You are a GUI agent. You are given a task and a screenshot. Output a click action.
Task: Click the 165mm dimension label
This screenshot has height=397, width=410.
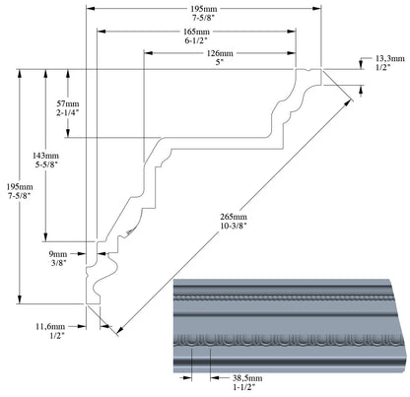[196, 32]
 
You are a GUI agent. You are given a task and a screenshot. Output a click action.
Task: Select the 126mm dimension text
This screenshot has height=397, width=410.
[220, 53]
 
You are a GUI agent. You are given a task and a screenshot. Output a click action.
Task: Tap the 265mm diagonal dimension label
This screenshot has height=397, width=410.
[234, 217]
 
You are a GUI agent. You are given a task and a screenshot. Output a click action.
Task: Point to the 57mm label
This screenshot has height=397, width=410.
[68, 103]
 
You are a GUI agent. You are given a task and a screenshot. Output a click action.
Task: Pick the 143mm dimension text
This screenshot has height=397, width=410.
[45, 156]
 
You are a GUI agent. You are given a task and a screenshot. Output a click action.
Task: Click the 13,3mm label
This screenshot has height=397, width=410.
[390, 59]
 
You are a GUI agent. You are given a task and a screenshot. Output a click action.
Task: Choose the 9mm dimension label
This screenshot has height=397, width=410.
[58, 254]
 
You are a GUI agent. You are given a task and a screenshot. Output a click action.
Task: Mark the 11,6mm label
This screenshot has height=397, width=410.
[50, 327]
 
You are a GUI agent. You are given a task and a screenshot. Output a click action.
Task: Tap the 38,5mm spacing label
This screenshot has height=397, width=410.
[247, 378]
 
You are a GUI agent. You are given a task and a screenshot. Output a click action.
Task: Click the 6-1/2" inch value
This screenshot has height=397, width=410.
[197, 40]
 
